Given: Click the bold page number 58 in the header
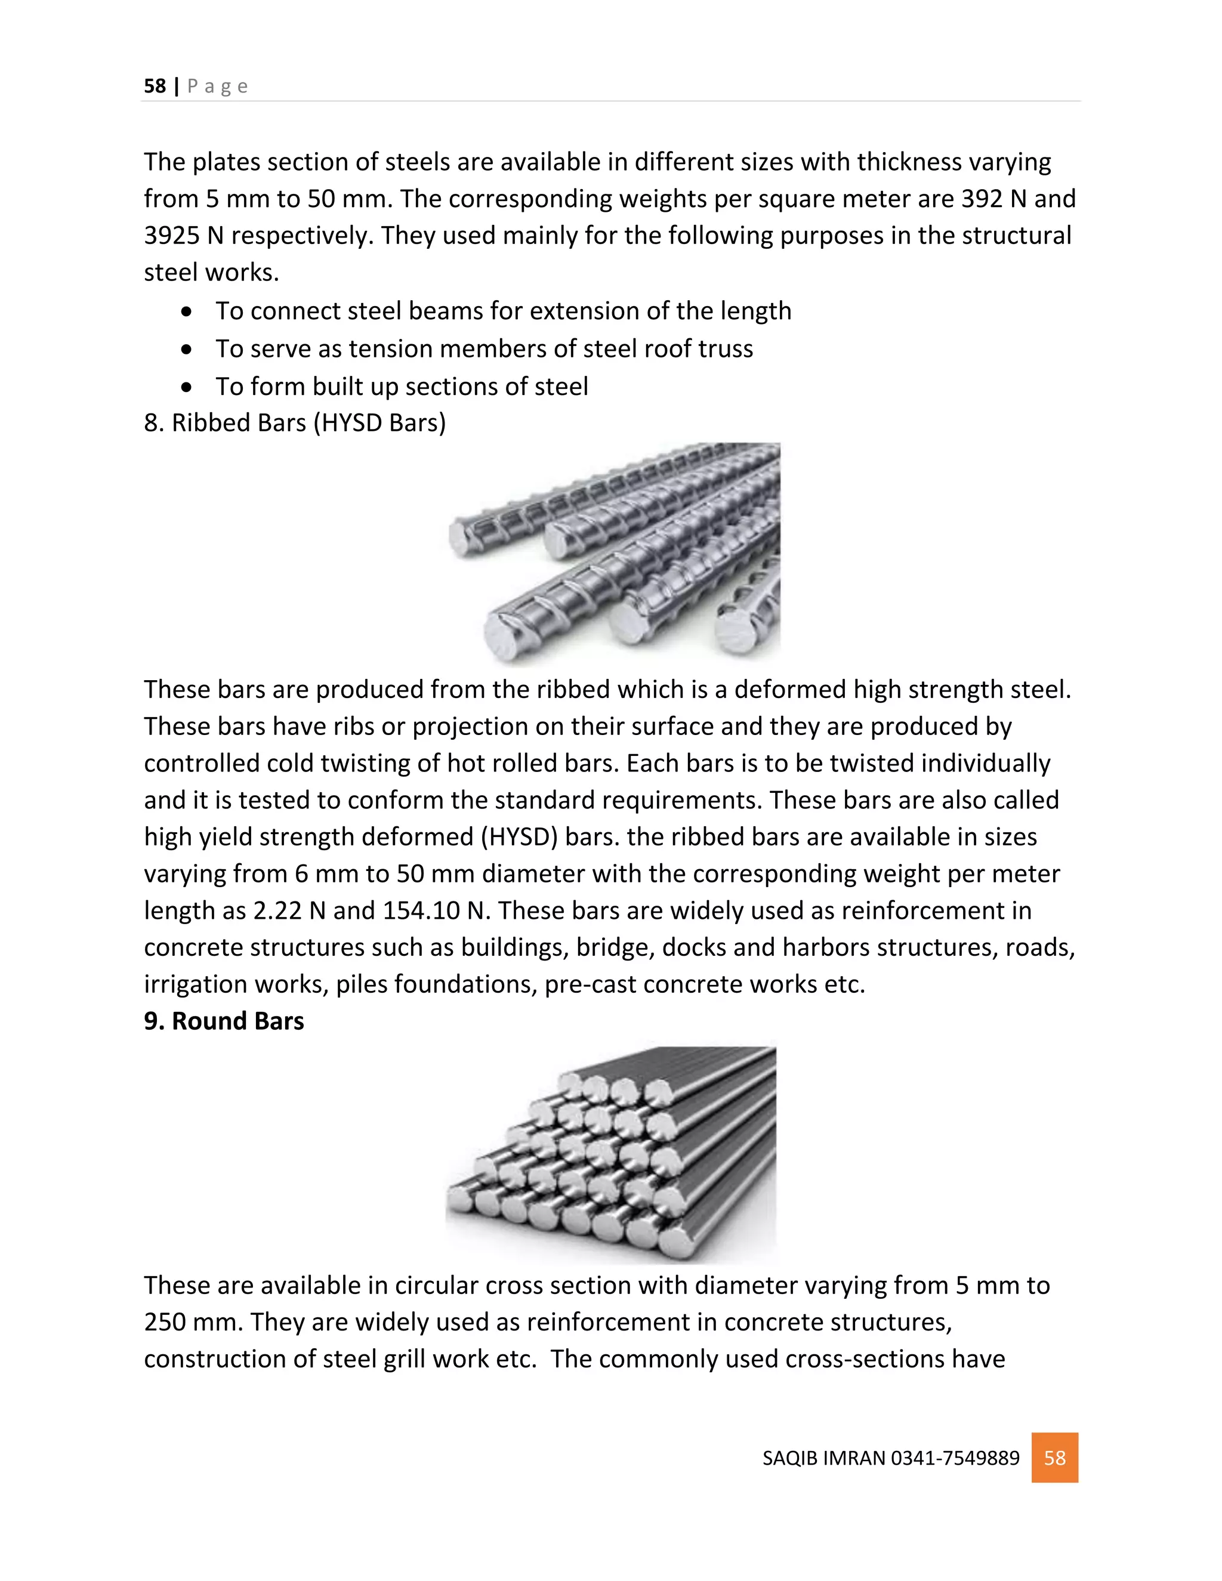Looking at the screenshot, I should (155, 86).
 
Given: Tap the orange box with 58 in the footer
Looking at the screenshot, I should (1054, 1458).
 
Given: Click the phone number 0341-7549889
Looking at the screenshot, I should (955, 1458).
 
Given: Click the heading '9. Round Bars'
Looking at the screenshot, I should (224, 1021).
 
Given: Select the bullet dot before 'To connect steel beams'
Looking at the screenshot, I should (187, 312).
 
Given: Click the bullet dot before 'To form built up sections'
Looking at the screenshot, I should (187, 387).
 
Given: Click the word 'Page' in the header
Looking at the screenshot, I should (217, 86).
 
